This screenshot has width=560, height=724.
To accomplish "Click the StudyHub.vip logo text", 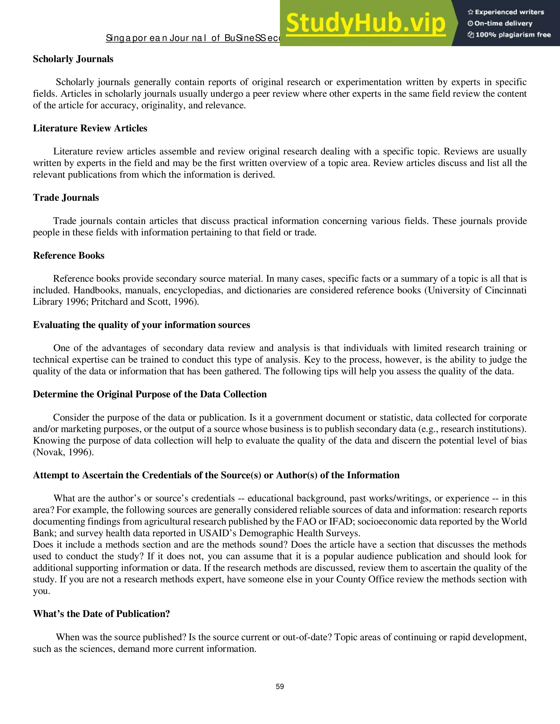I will pyautogui.click(x=365, y=23).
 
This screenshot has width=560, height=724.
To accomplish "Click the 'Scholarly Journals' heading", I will pyautogui.click(x=73, y=59).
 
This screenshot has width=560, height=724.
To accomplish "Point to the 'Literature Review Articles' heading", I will pyautogui.click(x=90, y=128).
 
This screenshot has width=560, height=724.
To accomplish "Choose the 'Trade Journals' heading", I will pyautogui.click(x=66, y=198).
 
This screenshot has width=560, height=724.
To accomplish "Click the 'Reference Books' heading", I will pyautogui.click(x=68, y=256).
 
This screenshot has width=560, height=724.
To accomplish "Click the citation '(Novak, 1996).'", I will pyautogui.click(x=63, y=452).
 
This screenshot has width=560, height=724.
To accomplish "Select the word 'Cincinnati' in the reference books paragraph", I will pyautogui.click(x=505, y=290).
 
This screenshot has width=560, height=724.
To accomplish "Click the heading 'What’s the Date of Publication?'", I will pyautogui.click(x=101, y=614).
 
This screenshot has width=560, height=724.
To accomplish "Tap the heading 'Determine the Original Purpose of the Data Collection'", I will pyautogui.click(x=150, y=394).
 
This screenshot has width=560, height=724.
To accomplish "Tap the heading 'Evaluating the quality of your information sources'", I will pyautogui.click(x=141, y=325).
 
